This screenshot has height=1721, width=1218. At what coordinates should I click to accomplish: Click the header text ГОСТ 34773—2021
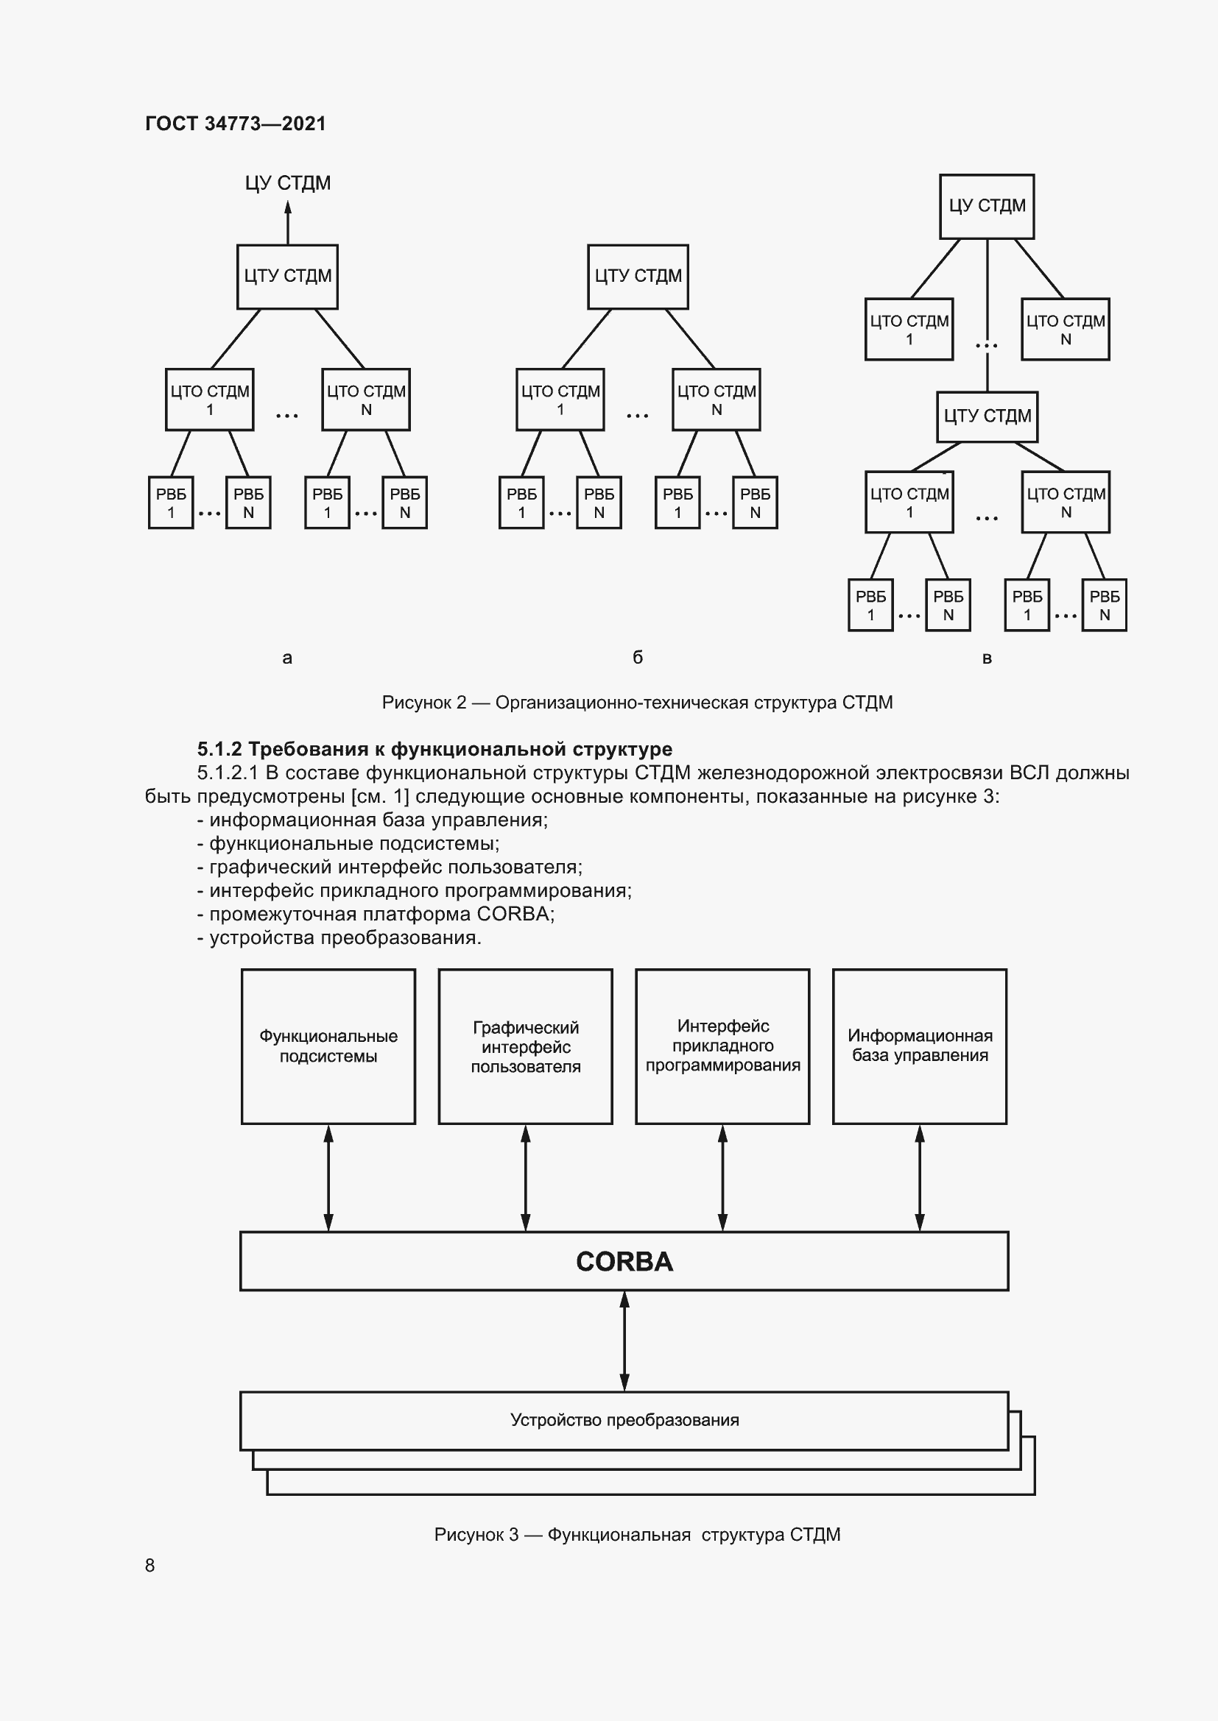point(235,124)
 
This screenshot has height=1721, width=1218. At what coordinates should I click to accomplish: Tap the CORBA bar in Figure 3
point(623,1262)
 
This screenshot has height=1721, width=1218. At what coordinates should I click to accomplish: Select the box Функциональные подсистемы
point(328,1046)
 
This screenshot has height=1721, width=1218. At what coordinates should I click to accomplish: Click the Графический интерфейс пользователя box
point(525,1046)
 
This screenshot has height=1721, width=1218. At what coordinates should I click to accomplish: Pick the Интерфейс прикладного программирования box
point(722,1046)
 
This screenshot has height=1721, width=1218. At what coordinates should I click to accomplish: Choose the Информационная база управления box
point(920,1046)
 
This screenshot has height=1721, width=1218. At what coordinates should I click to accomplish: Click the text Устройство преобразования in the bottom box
point(624,1419)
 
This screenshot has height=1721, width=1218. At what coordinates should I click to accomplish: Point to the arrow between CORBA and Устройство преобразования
point(624,1341)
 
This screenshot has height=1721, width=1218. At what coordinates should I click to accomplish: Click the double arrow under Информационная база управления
point(920,1177)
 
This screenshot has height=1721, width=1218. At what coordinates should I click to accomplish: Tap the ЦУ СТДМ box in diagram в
point(986,206)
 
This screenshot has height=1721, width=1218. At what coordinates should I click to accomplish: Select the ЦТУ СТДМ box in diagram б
point(638,277)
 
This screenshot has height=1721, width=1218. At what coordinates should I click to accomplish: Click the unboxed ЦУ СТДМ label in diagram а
point(287,183)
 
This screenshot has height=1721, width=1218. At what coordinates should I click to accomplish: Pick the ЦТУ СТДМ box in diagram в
point(986,416)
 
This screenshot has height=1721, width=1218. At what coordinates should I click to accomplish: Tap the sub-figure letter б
point(638,656)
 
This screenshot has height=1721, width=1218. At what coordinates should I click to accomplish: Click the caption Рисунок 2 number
point(460,703)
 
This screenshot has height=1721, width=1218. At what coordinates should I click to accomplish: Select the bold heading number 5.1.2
point(219,749)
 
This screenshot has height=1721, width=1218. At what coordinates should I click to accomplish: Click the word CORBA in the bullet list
point(513,914)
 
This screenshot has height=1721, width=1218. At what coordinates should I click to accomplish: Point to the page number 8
point(150,1565)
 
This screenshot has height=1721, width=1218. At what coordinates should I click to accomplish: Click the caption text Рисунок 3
point(476,1534)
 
